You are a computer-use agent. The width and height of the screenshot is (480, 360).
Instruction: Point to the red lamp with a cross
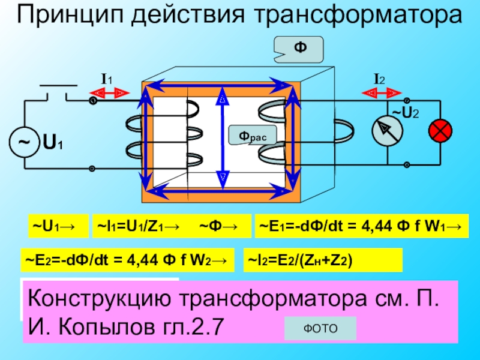click(x=440, y=130)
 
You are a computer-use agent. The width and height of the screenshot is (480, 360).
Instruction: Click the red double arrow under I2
click(x=382, y=92)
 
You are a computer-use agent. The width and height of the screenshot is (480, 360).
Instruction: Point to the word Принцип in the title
click(x=70, y=16)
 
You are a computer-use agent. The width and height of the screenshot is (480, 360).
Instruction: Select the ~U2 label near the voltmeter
click(x=406, y=112)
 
